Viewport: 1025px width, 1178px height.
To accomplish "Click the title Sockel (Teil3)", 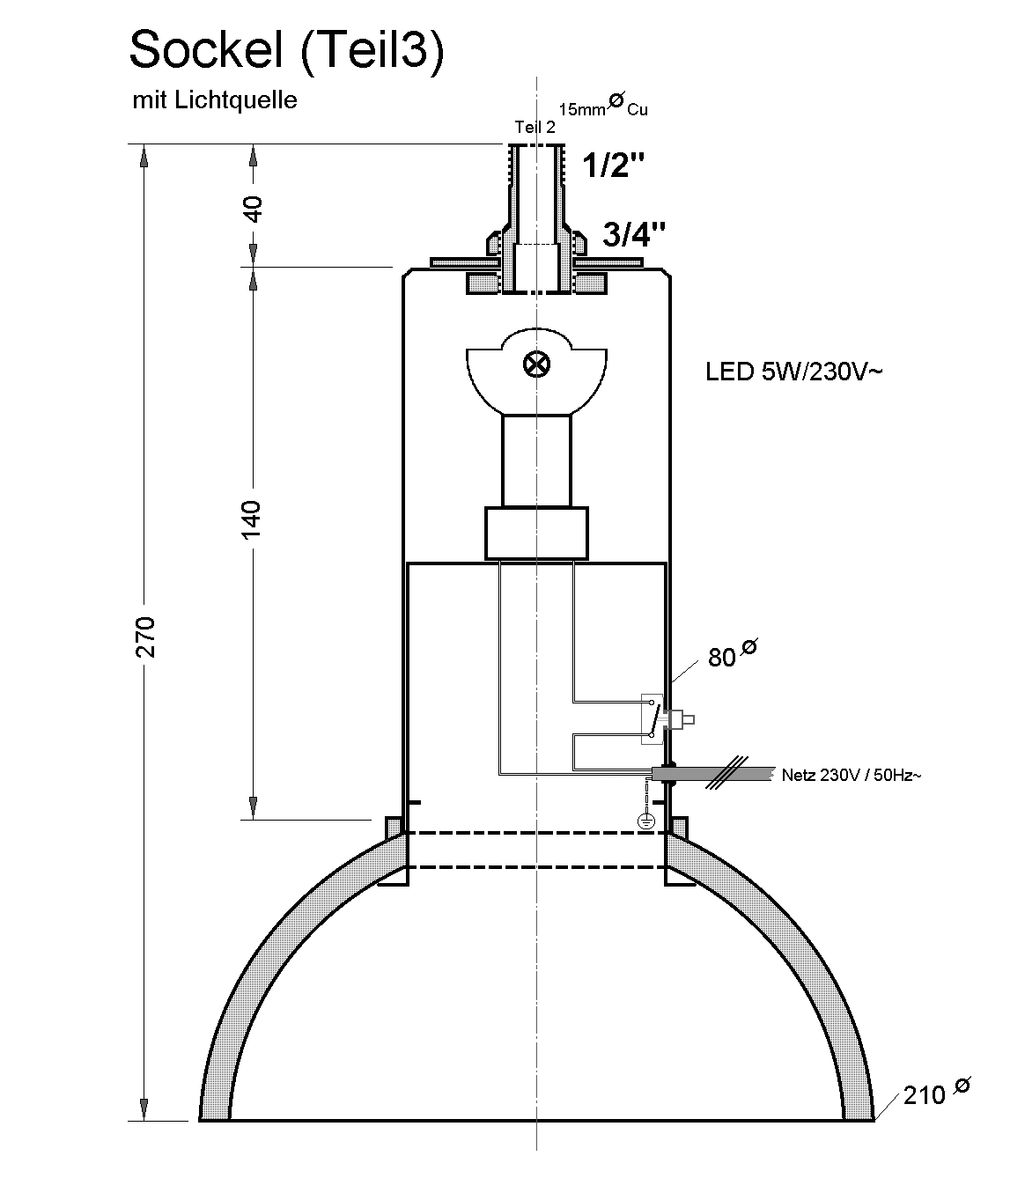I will (x=286, y=51).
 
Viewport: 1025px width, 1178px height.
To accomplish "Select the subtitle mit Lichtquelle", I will (x=214, y=99).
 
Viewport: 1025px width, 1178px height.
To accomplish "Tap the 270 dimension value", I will (x=146, y=636).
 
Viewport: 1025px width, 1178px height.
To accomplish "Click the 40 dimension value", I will (x=253, y=210).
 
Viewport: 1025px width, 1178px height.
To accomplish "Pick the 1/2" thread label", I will (x=608, y=165).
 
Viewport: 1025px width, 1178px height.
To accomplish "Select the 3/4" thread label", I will (x=633, y=234).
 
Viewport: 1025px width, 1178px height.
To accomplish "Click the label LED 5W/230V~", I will (x=793, y=372).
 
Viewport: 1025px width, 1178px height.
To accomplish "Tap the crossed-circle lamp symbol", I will (x=535, y=364).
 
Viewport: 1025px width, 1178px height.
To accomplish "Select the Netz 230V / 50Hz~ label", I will (x=852, y=776).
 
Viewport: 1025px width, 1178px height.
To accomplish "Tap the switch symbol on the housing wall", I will (x=653, y=718).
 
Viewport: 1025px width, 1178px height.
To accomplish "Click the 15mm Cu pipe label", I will (x=604, y=107).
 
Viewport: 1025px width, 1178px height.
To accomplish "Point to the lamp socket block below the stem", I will (x=536, y=533).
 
